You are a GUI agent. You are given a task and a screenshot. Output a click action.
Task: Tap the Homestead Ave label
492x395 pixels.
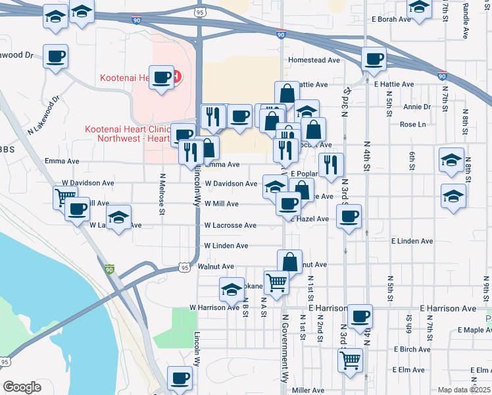coord(314,60)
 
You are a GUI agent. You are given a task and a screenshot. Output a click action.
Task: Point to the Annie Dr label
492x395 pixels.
coord(417,107)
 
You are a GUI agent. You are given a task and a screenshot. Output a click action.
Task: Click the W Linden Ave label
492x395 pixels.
coord(226,246)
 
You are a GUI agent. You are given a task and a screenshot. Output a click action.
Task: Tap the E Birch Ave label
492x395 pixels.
coord(411,350)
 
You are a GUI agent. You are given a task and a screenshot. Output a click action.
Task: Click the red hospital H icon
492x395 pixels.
coord(176,77)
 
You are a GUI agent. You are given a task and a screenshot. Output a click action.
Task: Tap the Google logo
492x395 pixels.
coord(22,387)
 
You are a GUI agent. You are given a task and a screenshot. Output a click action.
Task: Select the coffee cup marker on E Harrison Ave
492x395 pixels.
coord(360,316)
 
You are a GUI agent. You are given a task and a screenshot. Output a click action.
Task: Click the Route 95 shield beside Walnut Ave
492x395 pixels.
coord(184,267)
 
